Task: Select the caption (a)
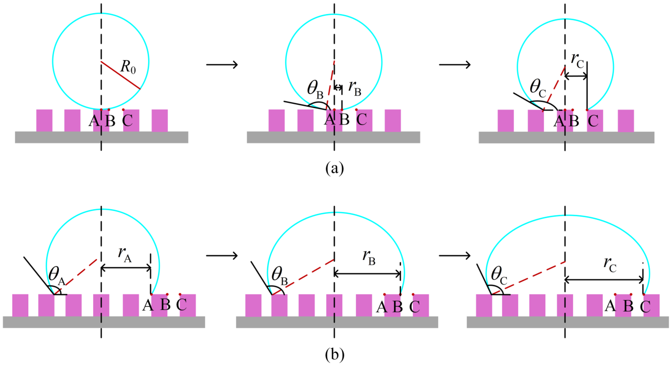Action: point(335,168)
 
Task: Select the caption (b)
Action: point(335,354)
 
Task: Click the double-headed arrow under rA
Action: point(126,268)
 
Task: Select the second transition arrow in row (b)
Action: point(455,256)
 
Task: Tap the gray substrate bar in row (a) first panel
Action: point(102,137)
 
